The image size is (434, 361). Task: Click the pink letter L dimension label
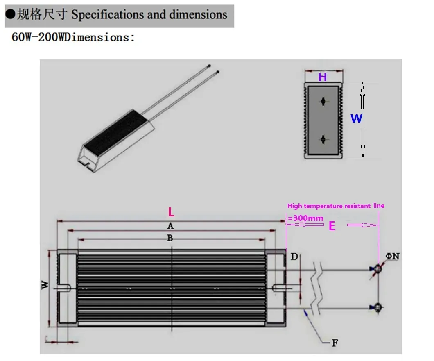pos(171,212)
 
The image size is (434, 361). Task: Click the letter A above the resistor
pos(170,226)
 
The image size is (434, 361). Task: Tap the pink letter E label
pos(332,226)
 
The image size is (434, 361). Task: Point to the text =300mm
pos(305,218)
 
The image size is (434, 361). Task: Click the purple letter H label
pos(323,77)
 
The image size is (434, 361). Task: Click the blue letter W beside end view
pos(356,119)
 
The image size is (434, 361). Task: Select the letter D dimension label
pos(294,257)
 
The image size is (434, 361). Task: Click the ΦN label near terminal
pos(393,257)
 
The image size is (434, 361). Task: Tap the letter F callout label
pos(335,343)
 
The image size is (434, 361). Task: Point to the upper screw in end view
pos(323,101)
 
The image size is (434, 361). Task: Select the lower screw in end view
pos(323,139)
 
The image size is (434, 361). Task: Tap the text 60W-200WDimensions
pos(73,37)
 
